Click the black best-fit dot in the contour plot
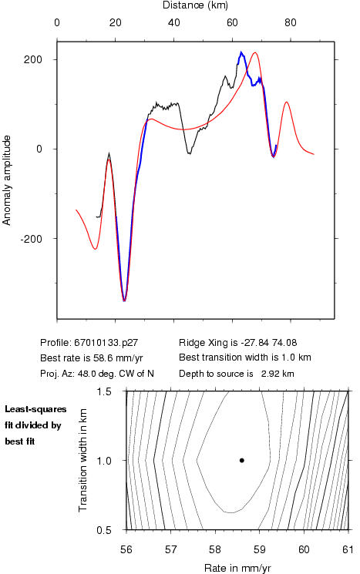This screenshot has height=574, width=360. pyautogui.click(x=242, y=460)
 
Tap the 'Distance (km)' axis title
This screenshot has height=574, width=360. pyautogui.click(x=195, y=5)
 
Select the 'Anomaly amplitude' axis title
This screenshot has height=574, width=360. pyautogui.click(x=7, y=180)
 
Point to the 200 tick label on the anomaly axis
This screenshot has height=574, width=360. pyautogui.click(x=33, y=59)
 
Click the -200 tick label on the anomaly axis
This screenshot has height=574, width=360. pyautogui.click(x=31, y=239)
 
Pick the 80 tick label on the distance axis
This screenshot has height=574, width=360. pyautogui.click(x=291, y=22)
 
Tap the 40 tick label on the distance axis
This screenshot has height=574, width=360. pyautogui.click(x=174, y=22)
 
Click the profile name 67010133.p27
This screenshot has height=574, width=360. pyautogui.click(x=106, y=343)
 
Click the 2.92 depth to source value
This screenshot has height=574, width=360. pyautogui.click(x=270, y=374)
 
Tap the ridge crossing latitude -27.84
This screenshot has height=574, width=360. pyautogui.click(x=254, y=343)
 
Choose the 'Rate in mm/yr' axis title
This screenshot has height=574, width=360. pyautogui.click(x=237, y=568)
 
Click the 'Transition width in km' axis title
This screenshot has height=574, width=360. pyautogui.click(x=82, y=460)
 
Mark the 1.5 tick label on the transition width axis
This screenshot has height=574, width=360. pyautogui.click(x=104, y=391)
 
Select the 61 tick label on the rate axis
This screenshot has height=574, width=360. pyautogui.click(x=348, y=549)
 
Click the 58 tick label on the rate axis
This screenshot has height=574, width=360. pyautogui.click(x=215, y=549)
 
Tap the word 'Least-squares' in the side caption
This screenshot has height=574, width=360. pyautogui.click(x=35, y=409)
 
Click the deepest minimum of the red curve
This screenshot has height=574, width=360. pyautogui.click(x=124, y=301)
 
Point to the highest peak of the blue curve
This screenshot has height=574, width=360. pyautogui.click(x=241, y=52)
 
